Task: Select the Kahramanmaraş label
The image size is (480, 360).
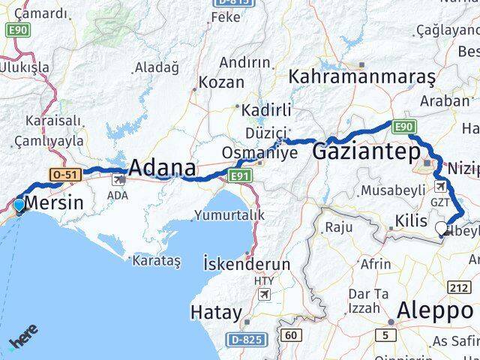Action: point(361,76)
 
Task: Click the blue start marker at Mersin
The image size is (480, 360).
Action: point(19,204)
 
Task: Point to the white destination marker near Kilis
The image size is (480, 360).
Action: point(442,226)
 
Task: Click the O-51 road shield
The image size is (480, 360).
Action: point(63,174)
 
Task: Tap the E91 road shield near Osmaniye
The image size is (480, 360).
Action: point(239,175)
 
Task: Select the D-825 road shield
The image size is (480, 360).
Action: point(245,340)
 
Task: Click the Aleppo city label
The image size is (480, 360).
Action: point(436,309)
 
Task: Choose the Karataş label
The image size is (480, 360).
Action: point(156,261)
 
